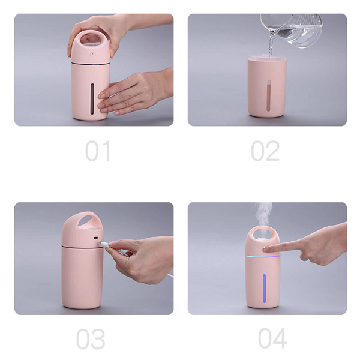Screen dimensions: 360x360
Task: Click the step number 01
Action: coord(98,151)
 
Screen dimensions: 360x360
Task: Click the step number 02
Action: coord(265,151)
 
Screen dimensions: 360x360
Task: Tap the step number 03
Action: coord(91,339)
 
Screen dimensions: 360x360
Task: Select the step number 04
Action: coord(272,338)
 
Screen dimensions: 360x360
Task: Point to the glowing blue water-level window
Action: coord(264,289)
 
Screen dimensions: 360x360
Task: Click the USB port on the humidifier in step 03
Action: coord(96,238)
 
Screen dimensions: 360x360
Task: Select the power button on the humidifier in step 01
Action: coord(92,55)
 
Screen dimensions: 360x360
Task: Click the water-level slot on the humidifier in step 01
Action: coord(92,99)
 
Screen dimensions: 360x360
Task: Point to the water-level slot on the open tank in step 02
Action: coord(269,96)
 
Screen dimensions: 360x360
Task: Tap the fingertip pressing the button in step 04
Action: coord(266,248)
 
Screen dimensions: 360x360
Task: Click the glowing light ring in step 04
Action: coord(263,256)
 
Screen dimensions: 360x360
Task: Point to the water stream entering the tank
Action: coord(271,44)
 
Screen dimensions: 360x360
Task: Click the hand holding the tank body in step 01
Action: coord(136,92)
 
